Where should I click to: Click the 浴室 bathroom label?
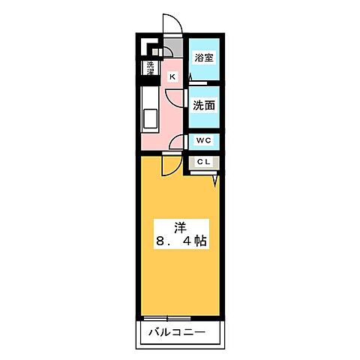click(x=203, y=57)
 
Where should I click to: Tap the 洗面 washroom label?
click(x=203, y=106)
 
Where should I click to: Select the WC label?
click(x=203, y=140)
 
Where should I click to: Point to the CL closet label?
click(x=203, y=162)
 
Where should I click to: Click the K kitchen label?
click(x=172, y=76)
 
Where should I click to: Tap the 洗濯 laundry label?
click(x=151, y=69)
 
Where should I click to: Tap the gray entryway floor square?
click(x=175, y=51)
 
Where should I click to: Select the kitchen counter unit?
click(x=148, y=109)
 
